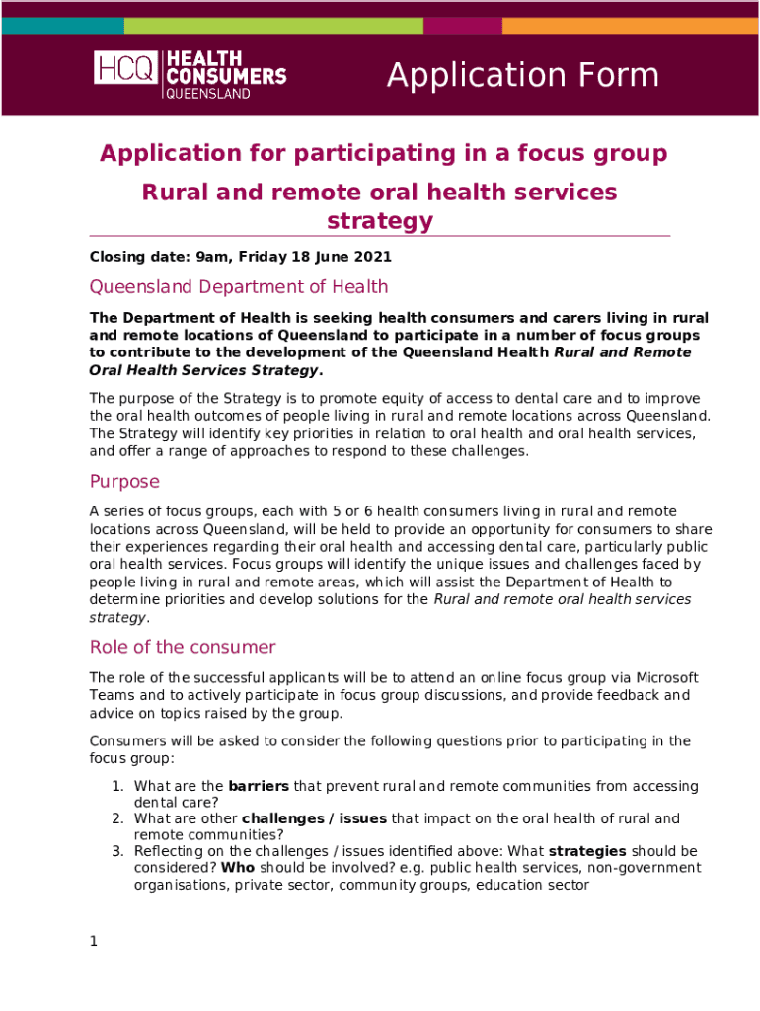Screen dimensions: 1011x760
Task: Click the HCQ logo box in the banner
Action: [x=125, y=67]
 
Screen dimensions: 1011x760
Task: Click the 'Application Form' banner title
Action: [x=522, y=75]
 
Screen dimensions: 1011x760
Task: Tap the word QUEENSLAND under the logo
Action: [x=206, y=94]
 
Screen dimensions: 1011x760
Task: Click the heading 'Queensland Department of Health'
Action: [x=238, y=287]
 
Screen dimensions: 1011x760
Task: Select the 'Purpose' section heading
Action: [x=124, y=482]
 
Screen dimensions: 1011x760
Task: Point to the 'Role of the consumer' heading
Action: [x=183, y=647]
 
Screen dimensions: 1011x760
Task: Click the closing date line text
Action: [x=240, y=257]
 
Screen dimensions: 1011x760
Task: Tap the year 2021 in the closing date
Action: [x=373, y=257]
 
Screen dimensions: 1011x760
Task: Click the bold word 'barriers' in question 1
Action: [x=259, y=787]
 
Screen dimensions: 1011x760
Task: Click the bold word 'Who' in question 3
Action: [x=237, y=867]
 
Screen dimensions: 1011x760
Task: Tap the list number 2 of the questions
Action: [x=116, y=818]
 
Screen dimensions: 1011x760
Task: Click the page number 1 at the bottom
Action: [x=94, y=941]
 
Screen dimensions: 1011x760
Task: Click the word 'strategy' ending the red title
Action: [x=379, y=221]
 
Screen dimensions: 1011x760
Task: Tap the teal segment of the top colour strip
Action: [x=63, y=26]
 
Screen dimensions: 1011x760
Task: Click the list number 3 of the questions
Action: [x=116, y=851]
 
